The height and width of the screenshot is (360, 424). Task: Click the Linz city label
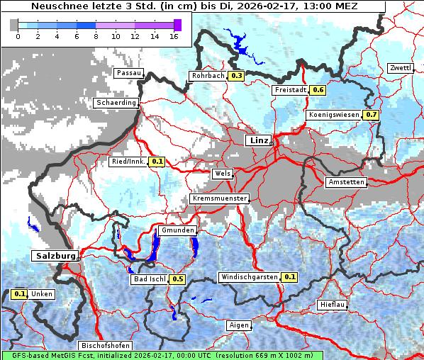[x=260, y=140]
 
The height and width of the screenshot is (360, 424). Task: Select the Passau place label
[x=129, y=73]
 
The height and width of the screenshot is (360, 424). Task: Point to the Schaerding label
[x=116, y=103]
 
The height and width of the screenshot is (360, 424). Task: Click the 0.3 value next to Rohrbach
[x=237, y=76]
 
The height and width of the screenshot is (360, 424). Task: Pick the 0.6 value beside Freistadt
[x=318, y=90]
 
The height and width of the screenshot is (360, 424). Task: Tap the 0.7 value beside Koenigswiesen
[x=372, y=114]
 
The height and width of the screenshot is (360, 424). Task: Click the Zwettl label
[x=401, y=68]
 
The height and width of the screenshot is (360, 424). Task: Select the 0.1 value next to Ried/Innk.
[x=157, y=162]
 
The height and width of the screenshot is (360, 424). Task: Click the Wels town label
[x=222, y=174]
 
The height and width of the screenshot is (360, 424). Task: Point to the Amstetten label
[x=346, y=183]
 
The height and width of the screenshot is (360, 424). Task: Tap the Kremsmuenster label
[x=220, y=198]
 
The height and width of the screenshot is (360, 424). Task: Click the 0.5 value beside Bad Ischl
[x=178, y=279]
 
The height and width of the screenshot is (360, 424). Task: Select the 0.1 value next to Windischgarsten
[x=289, y=277]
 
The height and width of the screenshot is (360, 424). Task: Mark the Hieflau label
[x=333, y=305]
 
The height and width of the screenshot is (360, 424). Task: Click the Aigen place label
[x=240, y=325]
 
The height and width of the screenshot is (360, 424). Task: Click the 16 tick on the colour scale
[x=174, y=35]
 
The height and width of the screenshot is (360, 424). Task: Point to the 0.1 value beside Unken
[x=20, y=294]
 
